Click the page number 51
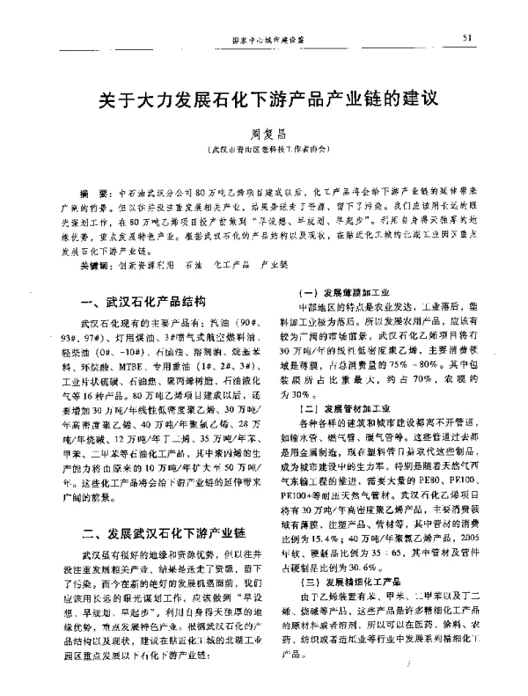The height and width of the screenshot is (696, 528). click(466, 38)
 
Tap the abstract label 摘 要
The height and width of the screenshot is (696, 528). click(90, 191)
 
